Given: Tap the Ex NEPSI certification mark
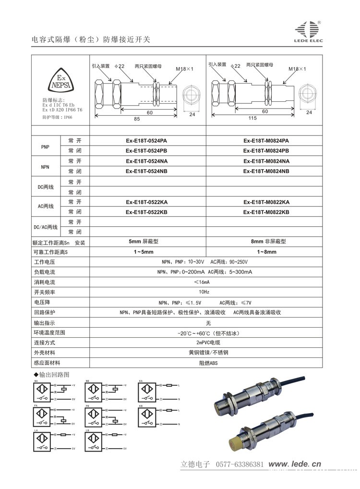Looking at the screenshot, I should (61, 83).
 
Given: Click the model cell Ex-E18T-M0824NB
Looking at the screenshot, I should (266, 171).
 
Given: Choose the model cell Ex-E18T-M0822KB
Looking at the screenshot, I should (266, 212).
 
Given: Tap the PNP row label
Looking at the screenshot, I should (46, 146).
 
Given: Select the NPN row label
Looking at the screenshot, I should (46, 166).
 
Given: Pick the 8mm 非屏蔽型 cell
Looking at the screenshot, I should (265, 242).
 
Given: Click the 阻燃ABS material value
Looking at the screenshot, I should (208, 363).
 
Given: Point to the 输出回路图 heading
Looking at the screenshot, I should (51, 374).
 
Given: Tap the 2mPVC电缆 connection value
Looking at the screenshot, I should (208, 343).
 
